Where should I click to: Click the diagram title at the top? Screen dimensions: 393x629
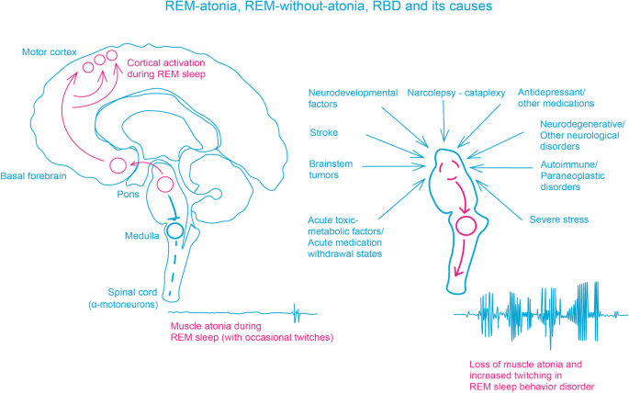[315, 8]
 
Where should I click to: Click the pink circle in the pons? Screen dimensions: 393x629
[165, 185]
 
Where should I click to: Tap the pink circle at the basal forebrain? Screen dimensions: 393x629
[118, 165]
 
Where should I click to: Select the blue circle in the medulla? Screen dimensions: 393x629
[174, 230]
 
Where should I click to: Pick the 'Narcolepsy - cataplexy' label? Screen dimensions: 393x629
[444, 92]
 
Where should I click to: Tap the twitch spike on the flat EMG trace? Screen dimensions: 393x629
[296, 314]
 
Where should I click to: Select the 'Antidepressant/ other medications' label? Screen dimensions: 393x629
[561, 98]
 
